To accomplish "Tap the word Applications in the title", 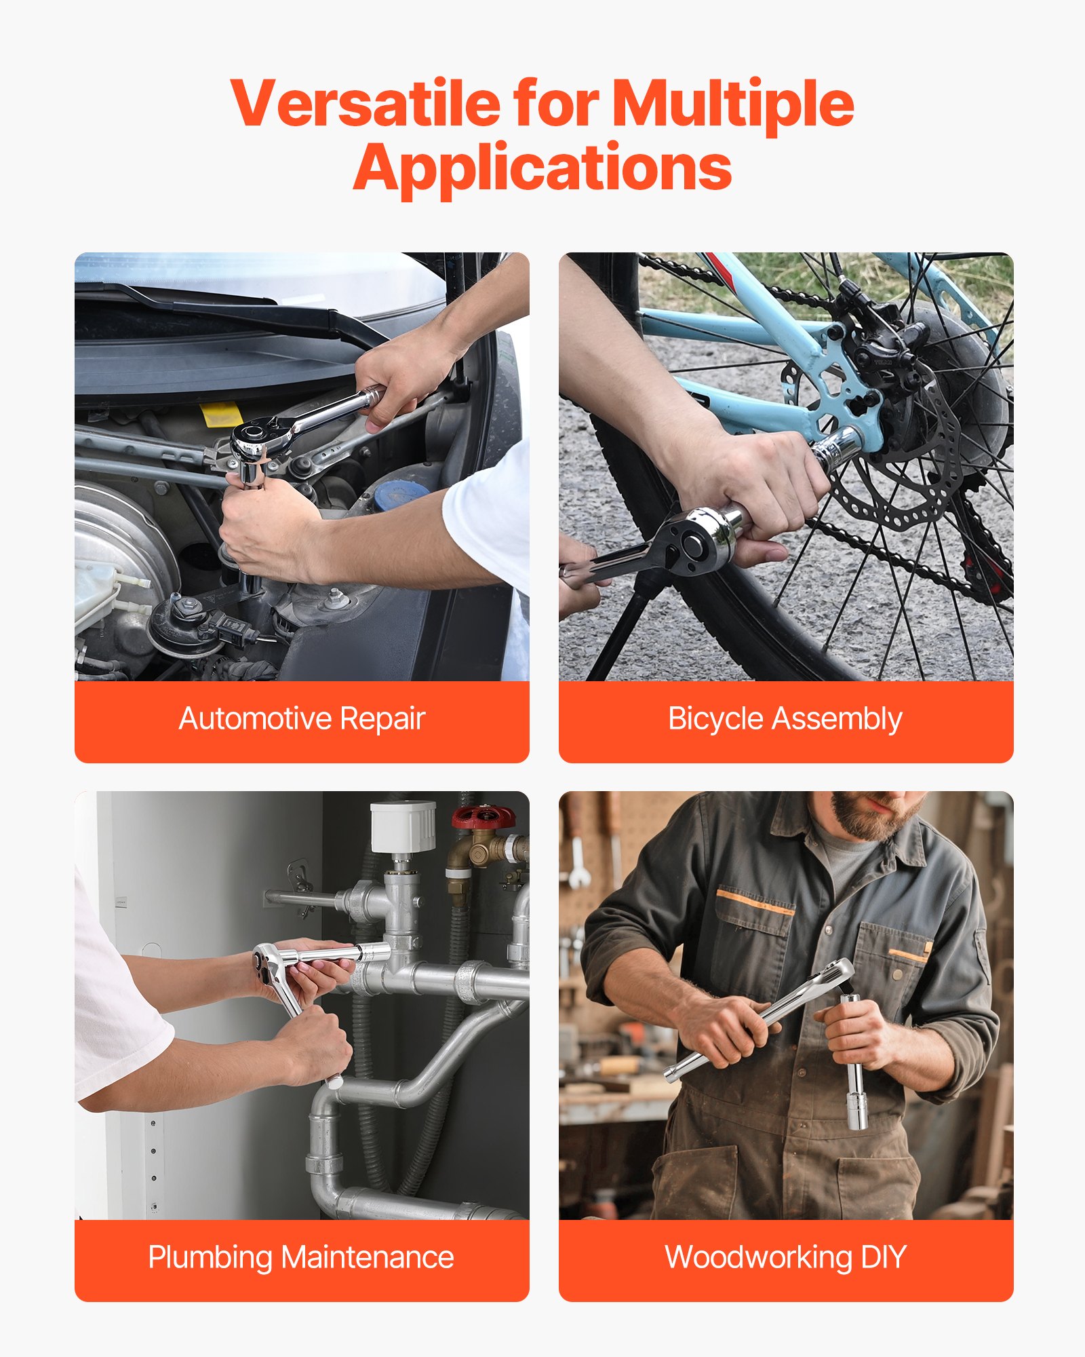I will (542, 168).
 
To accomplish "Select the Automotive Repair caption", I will (302, 719).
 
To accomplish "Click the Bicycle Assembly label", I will (785, 719).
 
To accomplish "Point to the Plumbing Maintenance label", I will (301, 1257).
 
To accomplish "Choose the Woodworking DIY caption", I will (785, 1257).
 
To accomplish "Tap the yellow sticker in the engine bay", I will (221, 413).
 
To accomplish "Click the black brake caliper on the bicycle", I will (875, 339).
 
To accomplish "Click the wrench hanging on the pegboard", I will (578, 862).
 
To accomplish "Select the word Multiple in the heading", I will (732, 103).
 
